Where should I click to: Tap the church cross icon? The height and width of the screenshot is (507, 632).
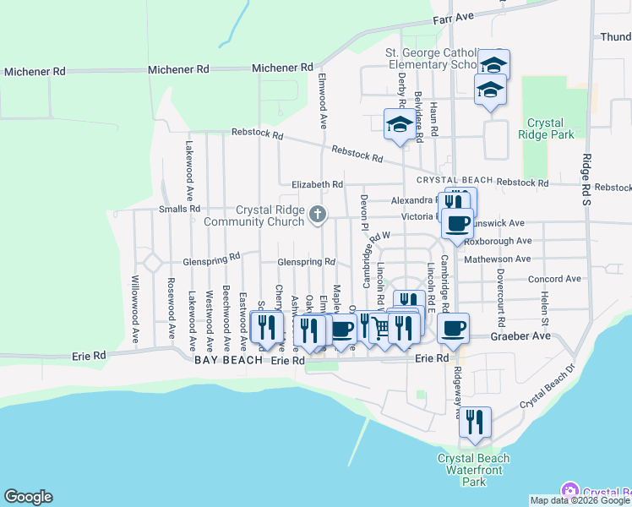point(318,214)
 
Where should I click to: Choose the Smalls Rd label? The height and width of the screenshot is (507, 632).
point(179,209)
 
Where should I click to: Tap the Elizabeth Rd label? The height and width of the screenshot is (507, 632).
point(317,184)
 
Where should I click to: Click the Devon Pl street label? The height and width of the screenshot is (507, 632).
point(364,214)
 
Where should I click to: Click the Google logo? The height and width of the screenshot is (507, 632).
point(28,497)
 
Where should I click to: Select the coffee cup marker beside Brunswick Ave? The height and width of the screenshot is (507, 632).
point(457,223)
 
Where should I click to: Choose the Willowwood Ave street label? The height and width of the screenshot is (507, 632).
point(134,302)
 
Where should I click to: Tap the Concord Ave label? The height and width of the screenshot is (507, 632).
point(554,279)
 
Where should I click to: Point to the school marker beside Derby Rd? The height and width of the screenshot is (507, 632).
point(400,124)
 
